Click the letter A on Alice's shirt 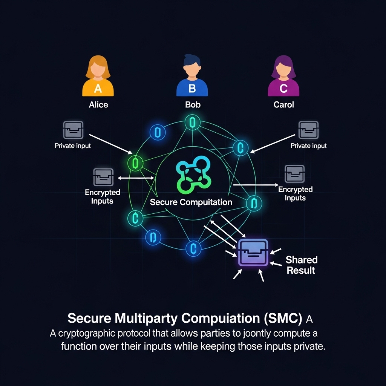coord(98,89)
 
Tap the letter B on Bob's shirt coord(192,89)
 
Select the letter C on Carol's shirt coord(283,89)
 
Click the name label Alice coord(98,105)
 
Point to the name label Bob coord(193,105)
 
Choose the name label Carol coord(283,105)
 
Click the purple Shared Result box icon coord(253,253)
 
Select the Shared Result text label coord(301,265)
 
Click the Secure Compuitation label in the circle coord(191,202)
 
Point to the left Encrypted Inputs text coord(102,196)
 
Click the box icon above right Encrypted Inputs coord(294,174)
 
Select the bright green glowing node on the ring coord(135,163)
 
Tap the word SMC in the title coord(285,319)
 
